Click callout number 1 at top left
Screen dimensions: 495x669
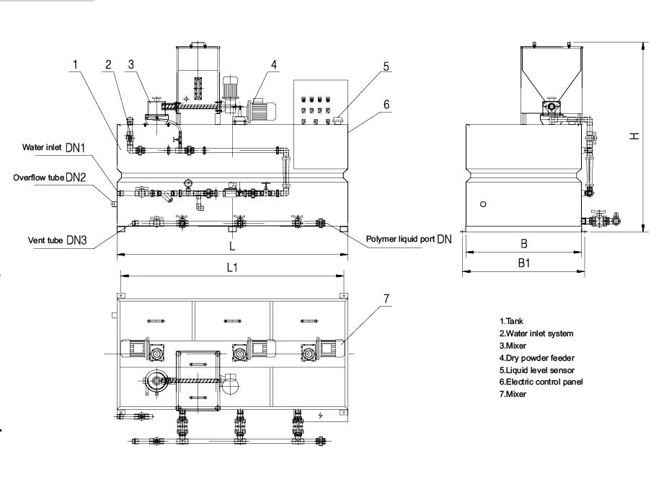click(74, 64)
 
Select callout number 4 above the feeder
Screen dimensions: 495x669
click(274, 64)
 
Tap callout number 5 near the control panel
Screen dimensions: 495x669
click(386, 66)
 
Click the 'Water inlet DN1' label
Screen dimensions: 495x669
click(53, 148)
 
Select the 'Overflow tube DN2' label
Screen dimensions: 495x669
click(49, 177)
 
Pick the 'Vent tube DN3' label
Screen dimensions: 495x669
click(57, 241)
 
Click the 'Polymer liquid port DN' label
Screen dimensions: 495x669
click(409, 239)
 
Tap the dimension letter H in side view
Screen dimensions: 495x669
click(633, 137)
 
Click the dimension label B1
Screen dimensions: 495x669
click(524, 264)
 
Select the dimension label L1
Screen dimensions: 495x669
click(232, 267)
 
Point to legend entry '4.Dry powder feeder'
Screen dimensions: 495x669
click(536, 357)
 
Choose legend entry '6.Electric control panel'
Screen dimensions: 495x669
click(541, 382)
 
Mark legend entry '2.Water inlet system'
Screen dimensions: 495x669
click(536, 333)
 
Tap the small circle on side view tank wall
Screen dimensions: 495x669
click(484, 204)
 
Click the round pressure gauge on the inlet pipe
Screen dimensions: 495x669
click(188, 183)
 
